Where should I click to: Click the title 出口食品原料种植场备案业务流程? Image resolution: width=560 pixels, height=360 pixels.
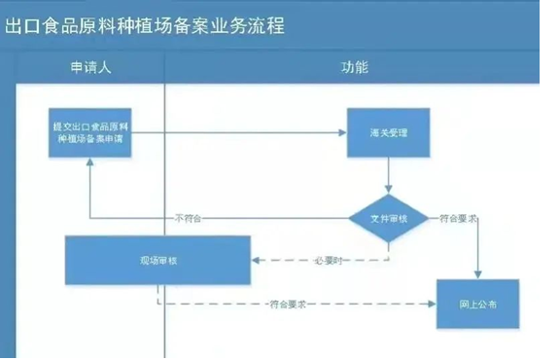[145, 25]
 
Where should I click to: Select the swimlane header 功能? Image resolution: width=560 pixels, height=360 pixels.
[354, 68]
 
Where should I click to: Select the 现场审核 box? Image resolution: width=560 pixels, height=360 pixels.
[157, 261]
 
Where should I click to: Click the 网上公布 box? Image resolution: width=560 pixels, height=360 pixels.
[477, 305]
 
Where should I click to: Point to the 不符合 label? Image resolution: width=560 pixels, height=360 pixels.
[188, 218]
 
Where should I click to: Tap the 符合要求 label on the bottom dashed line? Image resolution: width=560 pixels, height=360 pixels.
[289, 305]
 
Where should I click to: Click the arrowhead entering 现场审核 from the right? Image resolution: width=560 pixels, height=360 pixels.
[256, 261]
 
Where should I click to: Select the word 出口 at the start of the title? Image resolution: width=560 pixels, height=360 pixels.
[22, 25]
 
